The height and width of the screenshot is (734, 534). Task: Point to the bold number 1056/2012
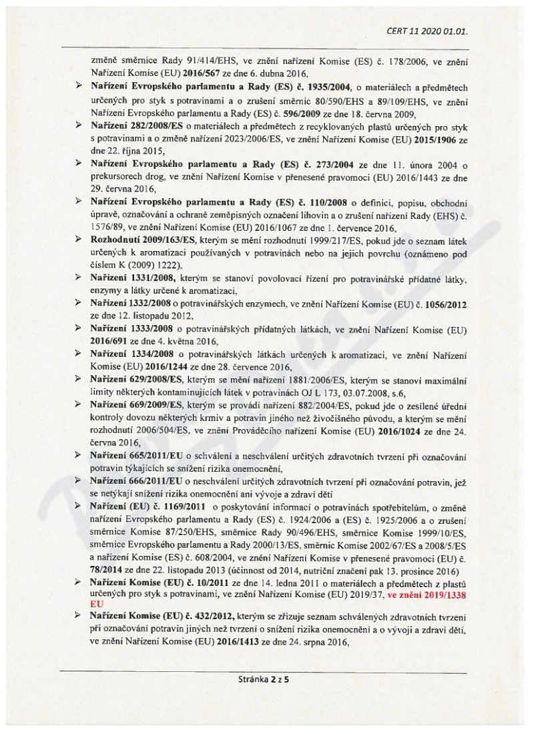click(443, 304)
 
